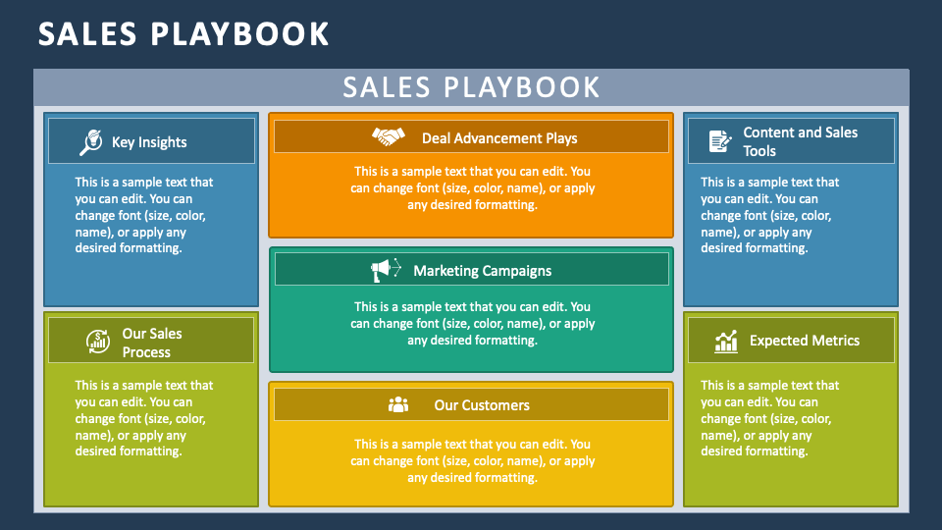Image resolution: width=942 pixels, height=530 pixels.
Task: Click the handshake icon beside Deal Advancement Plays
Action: click(389, 136)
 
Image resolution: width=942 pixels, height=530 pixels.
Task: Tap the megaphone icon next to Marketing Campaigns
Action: click(386, 269)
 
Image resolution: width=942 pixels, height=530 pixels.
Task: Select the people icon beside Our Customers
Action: click(398, 404)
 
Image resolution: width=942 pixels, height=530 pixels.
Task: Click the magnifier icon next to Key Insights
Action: click(90, 142)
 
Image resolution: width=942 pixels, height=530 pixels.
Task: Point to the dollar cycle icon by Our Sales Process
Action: click(98, 342)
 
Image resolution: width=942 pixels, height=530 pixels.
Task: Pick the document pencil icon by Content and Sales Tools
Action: click(720, 141)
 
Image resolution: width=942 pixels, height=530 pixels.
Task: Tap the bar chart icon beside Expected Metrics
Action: click(726, 341)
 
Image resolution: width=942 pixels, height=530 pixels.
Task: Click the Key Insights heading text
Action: click(149, 142)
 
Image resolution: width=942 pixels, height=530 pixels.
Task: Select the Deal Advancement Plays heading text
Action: click(499, 138)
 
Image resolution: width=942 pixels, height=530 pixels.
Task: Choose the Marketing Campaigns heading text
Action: click(482, 271)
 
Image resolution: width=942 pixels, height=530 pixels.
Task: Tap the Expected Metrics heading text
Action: click(805, 341)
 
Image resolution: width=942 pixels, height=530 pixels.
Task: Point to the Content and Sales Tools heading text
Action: click(800, 141)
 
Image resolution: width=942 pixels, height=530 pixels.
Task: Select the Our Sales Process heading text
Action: click(151, 343)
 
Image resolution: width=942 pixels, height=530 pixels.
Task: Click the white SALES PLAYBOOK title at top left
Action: click(183, 34)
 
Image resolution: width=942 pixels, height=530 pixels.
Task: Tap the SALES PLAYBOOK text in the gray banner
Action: click(471, 87)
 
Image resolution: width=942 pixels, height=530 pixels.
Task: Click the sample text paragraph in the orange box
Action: click(472, 187)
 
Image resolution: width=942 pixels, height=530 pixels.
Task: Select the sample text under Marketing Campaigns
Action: click(472, 323)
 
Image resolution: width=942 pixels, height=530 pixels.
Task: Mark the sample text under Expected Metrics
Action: click(770, 418)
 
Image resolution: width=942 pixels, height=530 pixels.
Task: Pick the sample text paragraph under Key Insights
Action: click(144, 215)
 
